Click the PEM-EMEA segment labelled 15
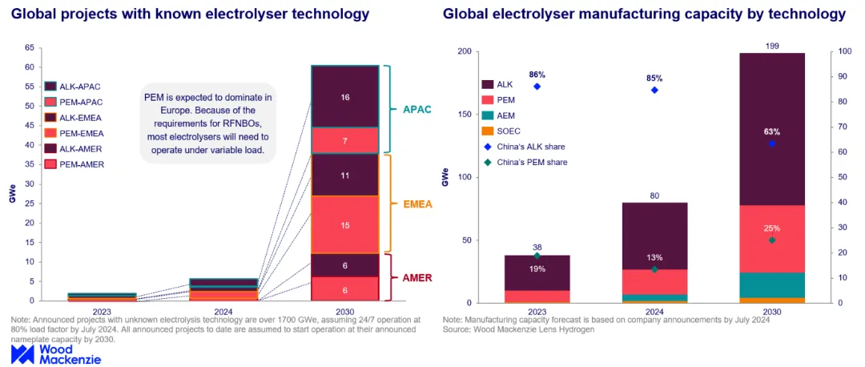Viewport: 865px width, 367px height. coord(344,224)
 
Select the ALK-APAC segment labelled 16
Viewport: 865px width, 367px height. coord(344,97)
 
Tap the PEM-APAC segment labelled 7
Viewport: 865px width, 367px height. coord(344,141)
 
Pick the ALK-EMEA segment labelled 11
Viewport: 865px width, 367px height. coord(344,175)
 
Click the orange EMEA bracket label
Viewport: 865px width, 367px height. coord(417,204)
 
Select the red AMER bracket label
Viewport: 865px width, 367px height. coord(417,277)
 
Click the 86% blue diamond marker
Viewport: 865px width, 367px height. coord(537,87)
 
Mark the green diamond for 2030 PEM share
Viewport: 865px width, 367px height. coord(772,240)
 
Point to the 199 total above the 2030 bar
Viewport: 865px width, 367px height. coord(772,46)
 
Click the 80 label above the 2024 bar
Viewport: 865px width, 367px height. coord(654,196)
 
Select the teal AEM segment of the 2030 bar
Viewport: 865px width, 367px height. coord(772,285)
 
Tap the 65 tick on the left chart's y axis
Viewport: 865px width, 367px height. coord(30,48)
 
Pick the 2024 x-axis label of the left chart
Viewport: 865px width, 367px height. coord(224,311)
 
